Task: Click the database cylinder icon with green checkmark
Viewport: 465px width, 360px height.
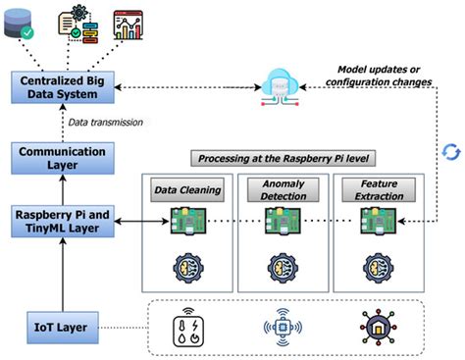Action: pos(23,24)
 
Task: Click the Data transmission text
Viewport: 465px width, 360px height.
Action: pos(105,122)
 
